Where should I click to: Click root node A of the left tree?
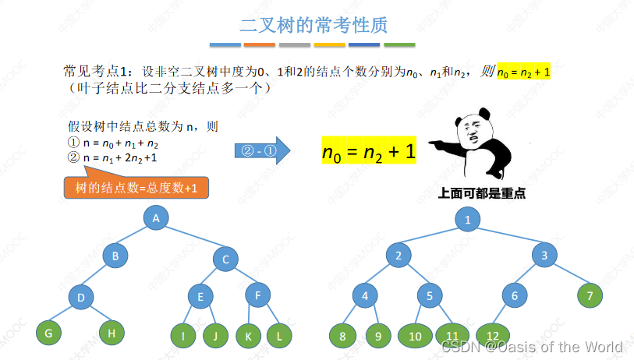[x=156, y=218]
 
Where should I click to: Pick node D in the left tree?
[x=80, y=296]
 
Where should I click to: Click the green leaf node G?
[x=48, y=333]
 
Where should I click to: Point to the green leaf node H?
[x=112, y=333]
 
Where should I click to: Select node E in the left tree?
[x=200, y=296]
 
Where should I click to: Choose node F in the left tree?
[x=257, y=295]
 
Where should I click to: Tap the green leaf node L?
[x=278, y=336]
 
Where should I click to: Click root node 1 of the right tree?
[x=468, y=219]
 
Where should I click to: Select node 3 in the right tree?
[x=545, y=255]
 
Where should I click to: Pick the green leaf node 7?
[x=590, y=295]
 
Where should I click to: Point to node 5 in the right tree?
[x=430, y=295]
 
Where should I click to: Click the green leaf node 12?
[x=492, y=336]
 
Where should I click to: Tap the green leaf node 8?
[x=342, y=336]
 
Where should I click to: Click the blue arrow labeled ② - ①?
[x=261, y=150]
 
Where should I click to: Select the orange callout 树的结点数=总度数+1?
[x=136, y=189]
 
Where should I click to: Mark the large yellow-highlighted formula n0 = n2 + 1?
[x=369, y=151]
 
